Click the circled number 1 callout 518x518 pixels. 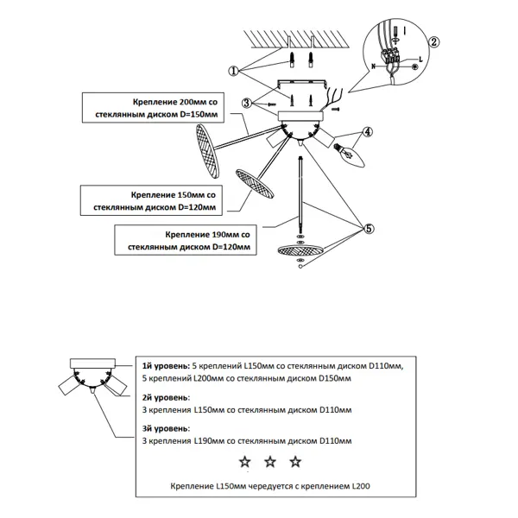point(234,71)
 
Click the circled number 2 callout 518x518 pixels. point(433,42)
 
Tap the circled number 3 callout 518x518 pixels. point(246,103)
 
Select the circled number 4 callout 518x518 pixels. point(368,132)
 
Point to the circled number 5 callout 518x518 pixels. point(369,229)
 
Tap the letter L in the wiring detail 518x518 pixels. point(420,60)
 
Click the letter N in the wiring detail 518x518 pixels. point(374,66)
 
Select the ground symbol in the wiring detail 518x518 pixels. point(415,67)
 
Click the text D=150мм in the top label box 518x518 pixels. point(199,115)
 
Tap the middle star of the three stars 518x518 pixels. point(270,462)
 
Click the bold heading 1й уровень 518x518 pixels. point(166,366)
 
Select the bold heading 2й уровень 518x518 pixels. point(166,397)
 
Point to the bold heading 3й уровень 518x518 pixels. point(166,428)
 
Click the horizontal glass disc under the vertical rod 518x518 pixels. point(300,250)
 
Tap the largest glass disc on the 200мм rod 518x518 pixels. point(207,151)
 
